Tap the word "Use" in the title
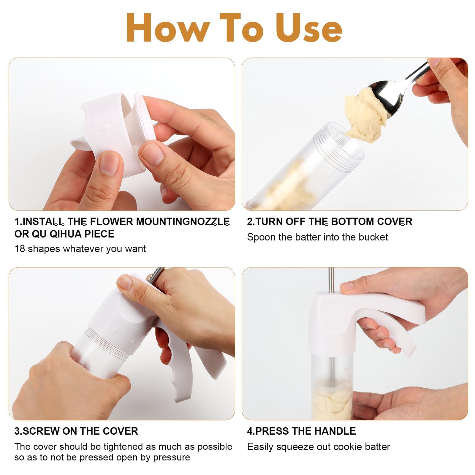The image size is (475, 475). (x=309, y=28)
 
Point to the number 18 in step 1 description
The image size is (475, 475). (x=20, y=248)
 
